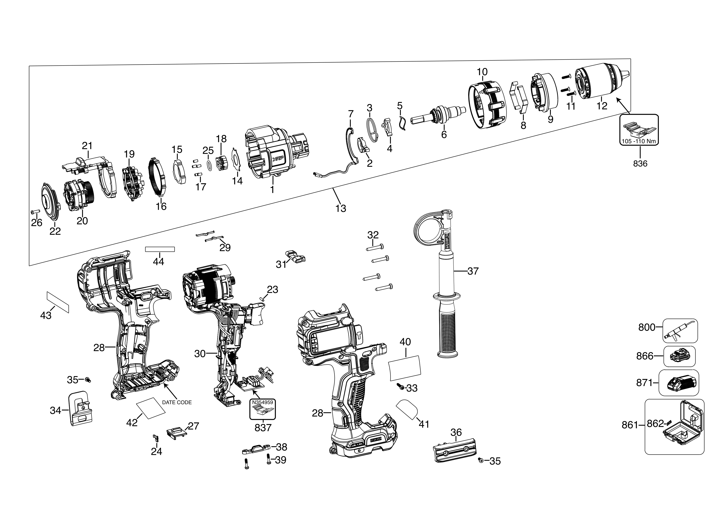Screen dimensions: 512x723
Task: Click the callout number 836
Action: (x=640, y=164)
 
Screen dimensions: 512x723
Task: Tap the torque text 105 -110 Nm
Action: (x=639, y=141)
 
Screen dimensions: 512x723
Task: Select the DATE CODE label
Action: (x=177, y=403)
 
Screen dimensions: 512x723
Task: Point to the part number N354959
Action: (x=262, y=402)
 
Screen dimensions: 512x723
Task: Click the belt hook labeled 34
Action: (x=80, y=409)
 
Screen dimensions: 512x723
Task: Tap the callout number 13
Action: (x=341, y=208)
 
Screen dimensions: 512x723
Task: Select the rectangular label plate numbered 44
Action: (x=160, y=249)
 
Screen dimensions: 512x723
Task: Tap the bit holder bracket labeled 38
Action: (x=256, y=449)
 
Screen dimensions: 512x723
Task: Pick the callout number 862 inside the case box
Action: (x=655, y=423)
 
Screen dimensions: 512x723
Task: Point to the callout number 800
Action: (x=647, y=328)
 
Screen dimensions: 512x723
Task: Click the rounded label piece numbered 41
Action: (x=407, y=409)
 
